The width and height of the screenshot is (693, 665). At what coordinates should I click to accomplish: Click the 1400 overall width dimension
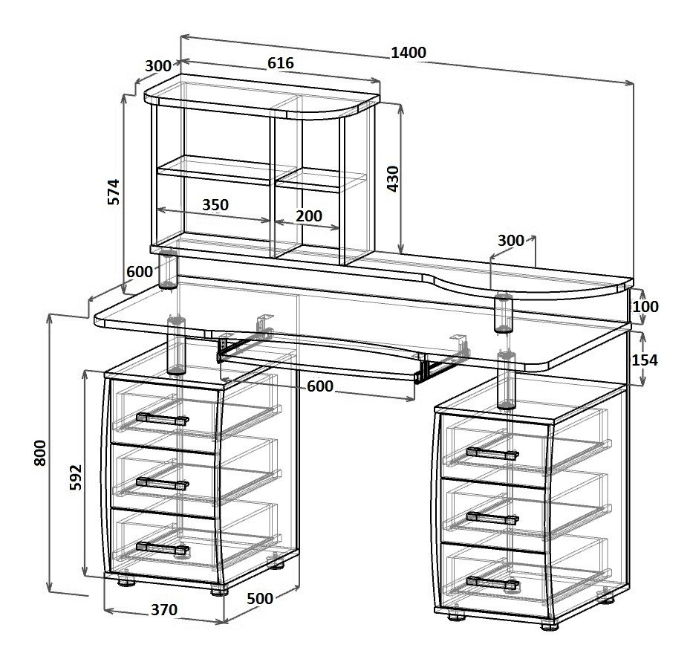tap(409, 53)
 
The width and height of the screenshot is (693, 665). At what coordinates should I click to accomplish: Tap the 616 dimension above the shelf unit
tap(281, 63)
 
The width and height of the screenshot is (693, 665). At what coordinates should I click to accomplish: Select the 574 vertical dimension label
tap(114, 192)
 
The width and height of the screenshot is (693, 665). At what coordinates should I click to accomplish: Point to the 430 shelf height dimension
tap(392, 178)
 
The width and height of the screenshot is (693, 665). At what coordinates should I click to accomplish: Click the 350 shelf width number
tap(215, 205)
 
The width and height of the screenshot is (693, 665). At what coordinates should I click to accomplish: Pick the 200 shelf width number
tap(309, 215)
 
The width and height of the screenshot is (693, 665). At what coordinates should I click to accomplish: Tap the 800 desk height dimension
tap(40, 452)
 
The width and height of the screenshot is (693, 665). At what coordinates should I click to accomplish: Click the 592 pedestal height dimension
tap(76, 477)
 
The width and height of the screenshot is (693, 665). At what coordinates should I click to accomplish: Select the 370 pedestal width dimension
tap(164, 610)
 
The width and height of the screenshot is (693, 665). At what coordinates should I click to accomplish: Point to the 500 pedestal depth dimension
tap(259, 599)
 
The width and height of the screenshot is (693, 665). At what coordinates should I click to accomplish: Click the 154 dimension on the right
tap(645, 360)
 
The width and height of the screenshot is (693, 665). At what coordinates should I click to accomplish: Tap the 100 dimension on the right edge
tap(645, 306)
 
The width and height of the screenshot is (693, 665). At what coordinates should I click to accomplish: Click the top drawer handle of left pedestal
tap(163, 419)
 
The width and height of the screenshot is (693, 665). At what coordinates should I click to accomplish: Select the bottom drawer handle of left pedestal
tap(163, 548)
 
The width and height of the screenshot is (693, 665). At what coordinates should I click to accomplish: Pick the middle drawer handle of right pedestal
tap(492, 518)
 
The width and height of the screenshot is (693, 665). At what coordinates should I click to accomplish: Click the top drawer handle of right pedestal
tap(492, 454)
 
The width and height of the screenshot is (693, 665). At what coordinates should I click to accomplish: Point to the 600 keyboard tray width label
tap(320, 386)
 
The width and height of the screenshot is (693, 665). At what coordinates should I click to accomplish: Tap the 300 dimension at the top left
tap(157, 66)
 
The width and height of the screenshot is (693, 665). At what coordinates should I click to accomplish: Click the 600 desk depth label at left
tap(140, 271)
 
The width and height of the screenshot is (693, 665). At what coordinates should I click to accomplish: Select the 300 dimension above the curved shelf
tap(511, 241)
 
